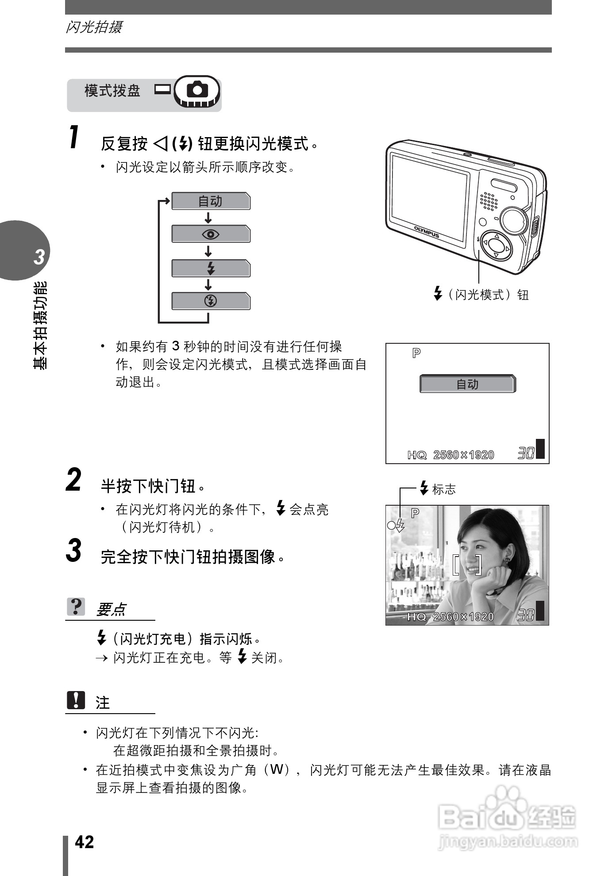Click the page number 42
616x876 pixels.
coord(84,842)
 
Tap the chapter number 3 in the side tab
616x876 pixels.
coord(39,257)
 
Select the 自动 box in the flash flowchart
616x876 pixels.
coord(210,201)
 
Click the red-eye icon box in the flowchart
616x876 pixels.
coord(210,234)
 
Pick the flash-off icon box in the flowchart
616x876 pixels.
coord(210,301)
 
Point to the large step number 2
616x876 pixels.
coord(73,480)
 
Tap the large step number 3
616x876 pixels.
coord(73,551)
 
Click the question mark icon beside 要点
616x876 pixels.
coord(76,607)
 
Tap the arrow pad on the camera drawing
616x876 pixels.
coord(496,246)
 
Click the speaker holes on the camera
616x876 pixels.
coord(489,201)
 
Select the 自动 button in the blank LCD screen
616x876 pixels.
coord(467,384)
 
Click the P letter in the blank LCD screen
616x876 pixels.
coord(416,353)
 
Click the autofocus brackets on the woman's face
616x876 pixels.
coord(467,564)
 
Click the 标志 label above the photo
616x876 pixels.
coord(443,489)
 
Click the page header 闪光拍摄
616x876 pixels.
coord(94,27)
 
